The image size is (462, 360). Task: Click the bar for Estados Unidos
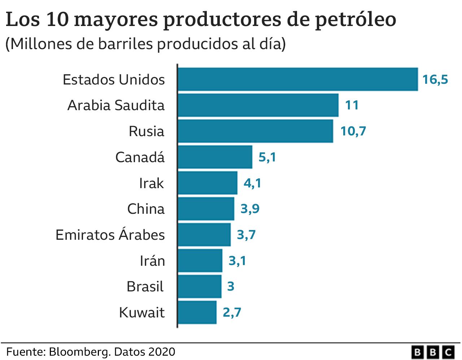pos(298,79)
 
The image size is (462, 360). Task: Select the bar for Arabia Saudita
pos(258,105)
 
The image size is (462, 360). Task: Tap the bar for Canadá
pos(215,157)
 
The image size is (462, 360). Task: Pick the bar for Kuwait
pos(197,312)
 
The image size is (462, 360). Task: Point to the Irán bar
pos(200,260)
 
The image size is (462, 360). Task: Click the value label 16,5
pos(435,79)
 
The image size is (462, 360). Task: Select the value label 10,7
pos(353,131)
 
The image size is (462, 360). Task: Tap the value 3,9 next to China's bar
pos(250,209)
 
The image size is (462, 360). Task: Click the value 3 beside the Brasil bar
pos(231,286)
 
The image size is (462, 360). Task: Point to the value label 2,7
pos(232,312)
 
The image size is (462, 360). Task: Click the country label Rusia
pos(146,131)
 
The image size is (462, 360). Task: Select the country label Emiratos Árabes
pos(110,235)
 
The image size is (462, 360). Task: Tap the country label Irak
pos(152,183)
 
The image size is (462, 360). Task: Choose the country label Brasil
pos(145,286)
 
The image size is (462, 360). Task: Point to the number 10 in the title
pos(57,20)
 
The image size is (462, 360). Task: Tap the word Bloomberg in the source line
pos(80,352)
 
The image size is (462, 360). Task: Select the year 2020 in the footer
pos(161,352)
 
